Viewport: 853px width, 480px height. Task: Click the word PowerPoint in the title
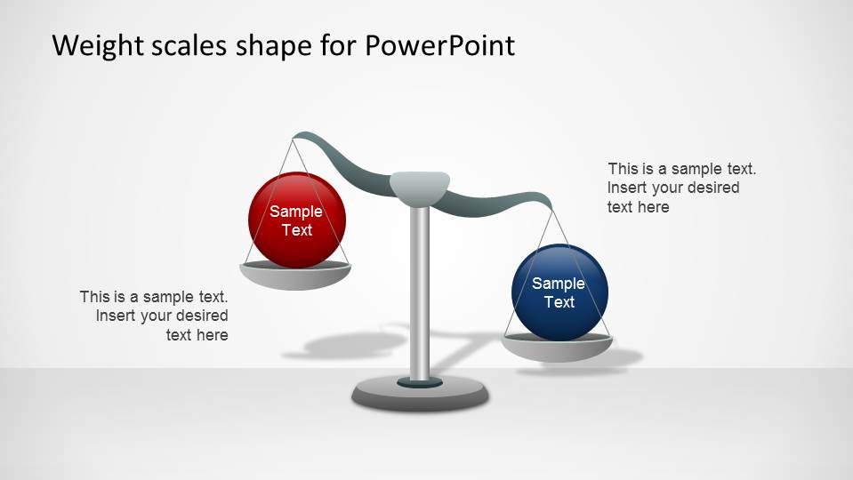(439, 45)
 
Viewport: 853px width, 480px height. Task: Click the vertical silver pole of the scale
(420, 293)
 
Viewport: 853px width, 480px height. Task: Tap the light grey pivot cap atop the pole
(419, 185)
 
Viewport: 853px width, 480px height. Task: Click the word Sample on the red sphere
(296, 212)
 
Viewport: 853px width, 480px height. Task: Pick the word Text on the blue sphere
(559, 302)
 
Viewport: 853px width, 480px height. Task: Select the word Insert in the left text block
(116, 316)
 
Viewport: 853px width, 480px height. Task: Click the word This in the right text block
(624, 169)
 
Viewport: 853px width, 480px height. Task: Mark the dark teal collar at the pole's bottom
(420, 382)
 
